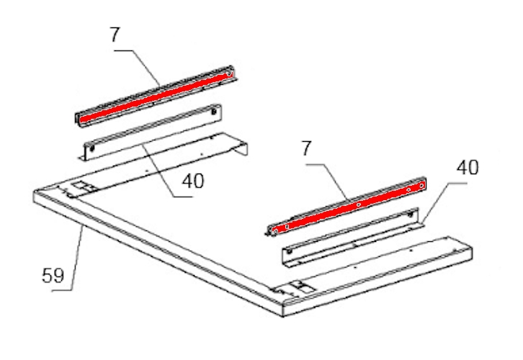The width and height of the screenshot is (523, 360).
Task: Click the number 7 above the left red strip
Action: pyautogui.click(x=115, y=35)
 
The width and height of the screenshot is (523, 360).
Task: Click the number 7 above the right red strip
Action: pyautogui.click(x=306, y=148)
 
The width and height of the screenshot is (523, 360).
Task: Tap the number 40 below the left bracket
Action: pyautogui.click(x=193, y=181)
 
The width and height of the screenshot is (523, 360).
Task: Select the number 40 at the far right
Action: pyautogui.click(x=468, y=168)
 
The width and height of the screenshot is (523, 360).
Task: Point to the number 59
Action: pyautogui.click(x=53, y=276)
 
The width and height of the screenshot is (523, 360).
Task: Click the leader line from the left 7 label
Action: pyautogui.click(x=137, y=66)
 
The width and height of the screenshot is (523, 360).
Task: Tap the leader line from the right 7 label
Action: pyautogui.click(x=329, y=181)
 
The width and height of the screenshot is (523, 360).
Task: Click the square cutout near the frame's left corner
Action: pyautogui.click(x=80, y=186)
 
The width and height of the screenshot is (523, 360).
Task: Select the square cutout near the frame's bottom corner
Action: pyautogui.click(x=298, y=287)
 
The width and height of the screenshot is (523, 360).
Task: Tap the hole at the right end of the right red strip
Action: pyautogui.click(x=421, y=185)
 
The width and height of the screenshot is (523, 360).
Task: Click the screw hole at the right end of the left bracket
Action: pyautogui.click(x=213, y=112)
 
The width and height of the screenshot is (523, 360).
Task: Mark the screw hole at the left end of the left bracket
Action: pyautogui.click(x=92, y=148)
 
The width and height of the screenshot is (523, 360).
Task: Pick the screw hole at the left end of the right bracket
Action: pyautogui.click(x=289, y=251)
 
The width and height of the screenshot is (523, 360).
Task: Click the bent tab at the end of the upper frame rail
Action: pyautogui.click(x=243, y=149)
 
